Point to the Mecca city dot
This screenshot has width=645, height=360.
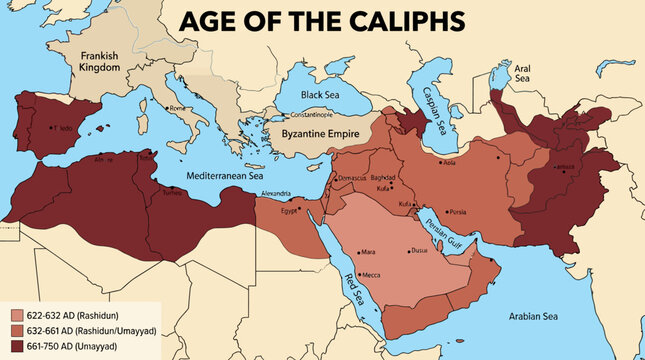click(359, 272)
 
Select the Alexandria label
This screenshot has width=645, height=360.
click(275, 193)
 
